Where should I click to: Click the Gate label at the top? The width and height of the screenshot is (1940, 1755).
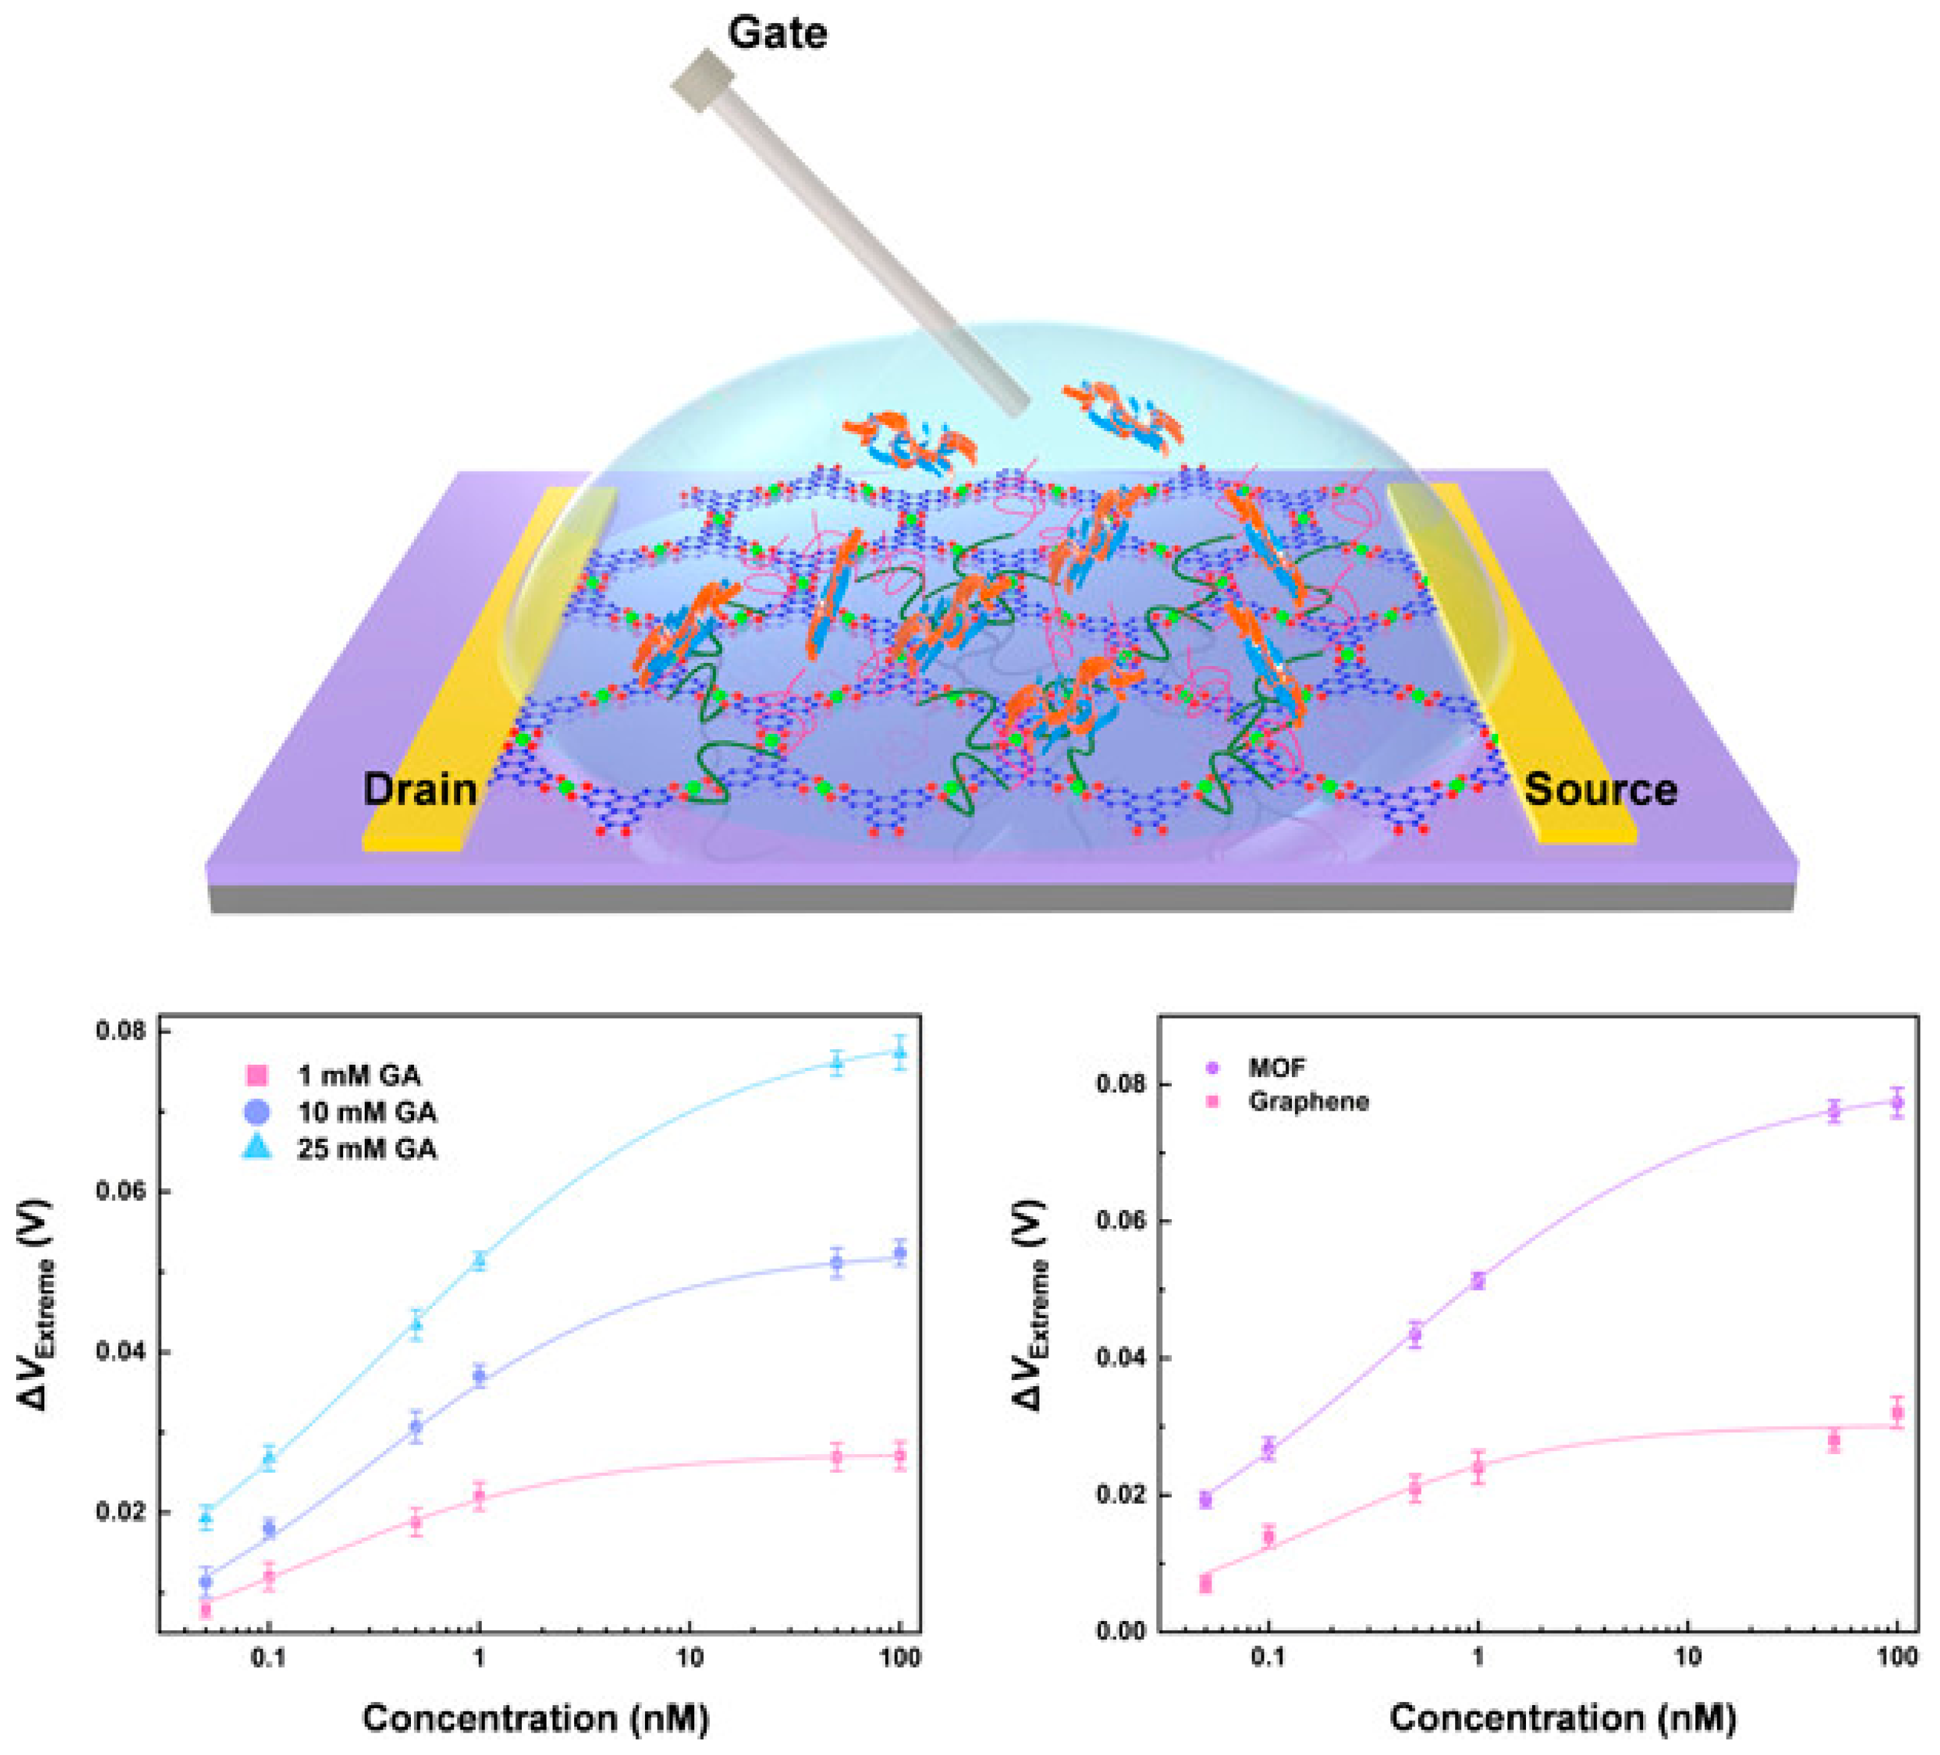coord(776,33)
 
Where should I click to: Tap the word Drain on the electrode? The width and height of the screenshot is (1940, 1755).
coord(420,789)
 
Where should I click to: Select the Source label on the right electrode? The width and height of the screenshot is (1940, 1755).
coord(1600,789)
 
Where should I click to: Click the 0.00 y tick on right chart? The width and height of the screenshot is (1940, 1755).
coord(1122,1632)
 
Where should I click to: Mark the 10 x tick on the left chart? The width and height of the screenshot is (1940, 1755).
coord(689,1658)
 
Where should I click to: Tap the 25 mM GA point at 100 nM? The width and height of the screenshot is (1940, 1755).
coord(899,1052)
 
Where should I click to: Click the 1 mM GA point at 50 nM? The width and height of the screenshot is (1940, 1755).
coord(836,1457)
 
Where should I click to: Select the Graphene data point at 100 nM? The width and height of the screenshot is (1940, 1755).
coord(1896,1413)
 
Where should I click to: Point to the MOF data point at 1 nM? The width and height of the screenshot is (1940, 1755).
coord(1478,1280)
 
